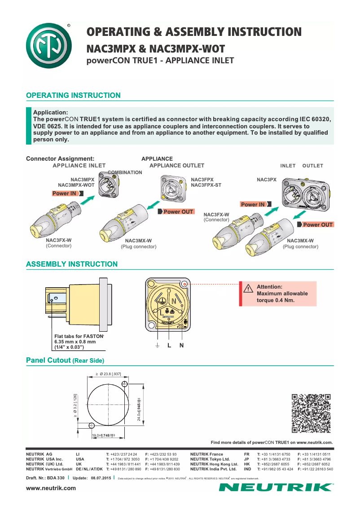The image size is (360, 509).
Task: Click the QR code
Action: [311, 413]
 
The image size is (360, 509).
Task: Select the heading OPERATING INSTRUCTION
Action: [73, 96]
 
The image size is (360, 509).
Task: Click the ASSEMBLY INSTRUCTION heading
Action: [72, 264]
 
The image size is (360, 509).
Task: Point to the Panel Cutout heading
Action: [65, 360]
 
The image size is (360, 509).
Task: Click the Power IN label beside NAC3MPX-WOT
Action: [65, 193]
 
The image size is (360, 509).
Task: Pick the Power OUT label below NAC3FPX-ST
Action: [178, 211]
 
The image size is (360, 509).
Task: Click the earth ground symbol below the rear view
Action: [158, 346]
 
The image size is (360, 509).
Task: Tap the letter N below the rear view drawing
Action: [181, 346]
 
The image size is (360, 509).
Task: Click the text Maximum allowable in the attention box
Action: [282, 294]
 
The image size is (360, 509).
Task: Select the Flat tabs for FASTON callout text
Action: [79, 336]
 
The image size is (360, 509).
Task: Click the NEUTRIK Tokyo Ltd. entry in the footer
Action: [210, 459]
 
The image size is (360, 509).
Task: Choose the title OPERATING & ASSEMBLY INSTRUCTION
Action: [194, 32]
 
